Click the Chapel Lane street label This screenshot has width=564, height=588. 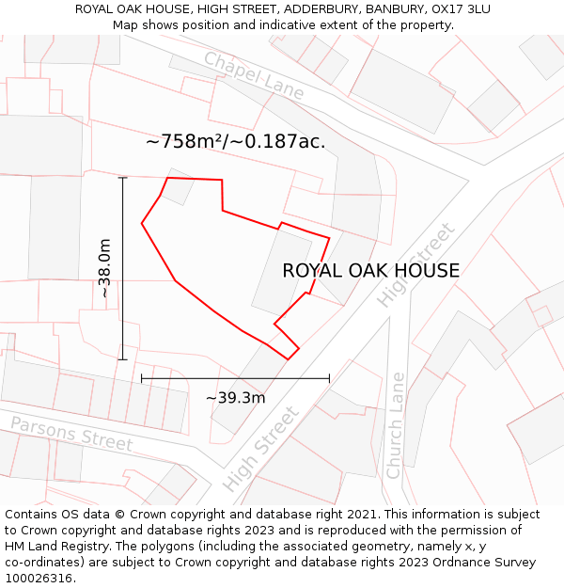click(255, 75)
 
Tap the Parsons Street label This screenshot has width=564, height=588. click(71, 432)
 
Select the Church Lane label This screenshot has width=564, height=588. click(396, 424)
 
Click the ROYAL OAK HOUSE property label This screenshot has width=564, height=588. click(370, 271)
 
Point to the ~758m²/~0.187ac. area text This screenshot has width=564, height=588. click(235, 142)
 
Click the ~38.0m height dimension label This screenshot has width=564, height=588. click(104, 268)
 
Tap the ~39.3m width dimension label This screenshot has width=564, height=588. click(235, 397)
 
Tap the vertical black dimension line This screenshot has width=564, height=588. click(123, 268)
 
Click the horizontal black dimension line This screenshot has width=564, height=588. click(235, 378)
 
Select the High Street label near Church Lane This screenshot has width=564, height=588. click(415, 264)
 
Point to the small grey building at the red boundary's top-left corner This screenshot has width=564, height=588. click(179, 186)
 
